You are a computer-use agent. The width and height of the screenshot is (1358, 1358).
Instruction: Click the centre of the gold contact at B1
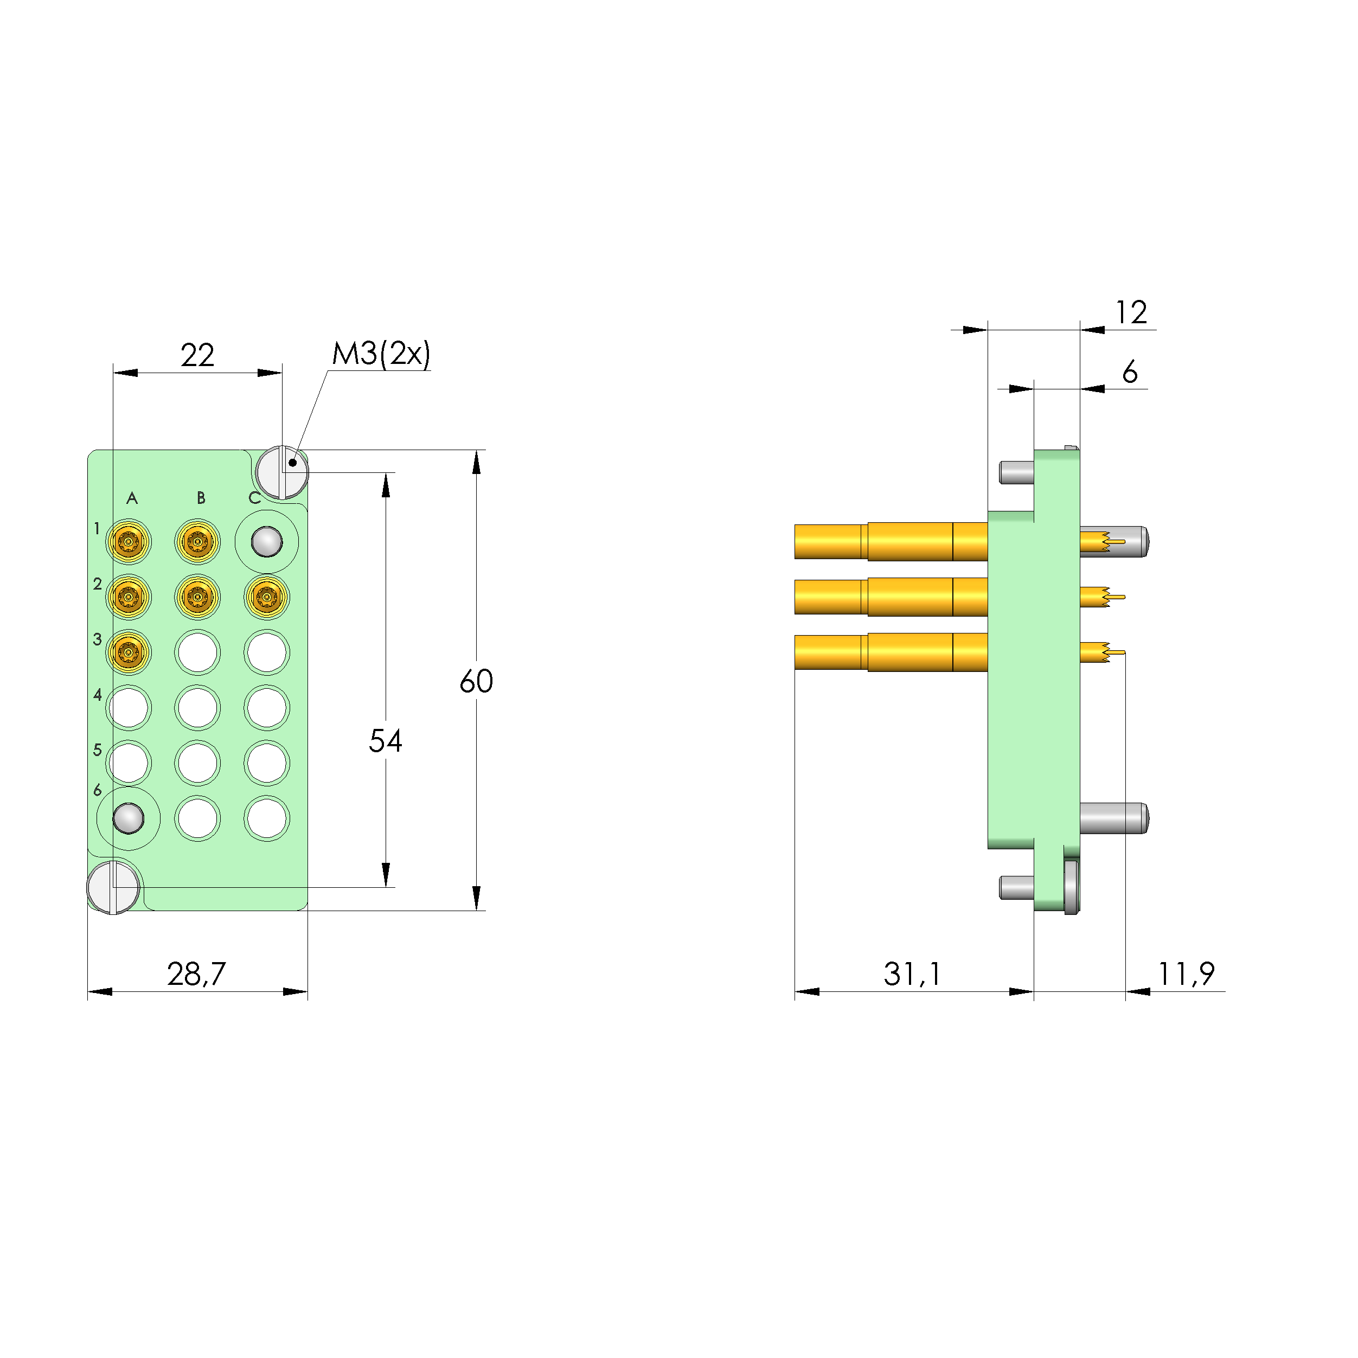coord(197,542)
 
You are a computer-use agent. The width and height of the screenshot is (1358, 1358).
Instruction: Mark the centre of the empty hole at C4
coord(267,707)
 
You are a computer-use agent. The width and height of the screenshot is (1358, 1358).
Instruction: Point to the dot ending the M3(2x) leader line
coord(292,463)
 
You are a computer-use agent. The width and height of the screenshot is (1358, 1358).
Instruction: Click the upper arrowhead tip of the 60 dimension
coord(477,451)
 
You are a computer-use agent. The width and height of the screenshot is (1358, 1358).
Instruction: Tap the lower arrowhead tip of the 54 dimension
coord(386,886)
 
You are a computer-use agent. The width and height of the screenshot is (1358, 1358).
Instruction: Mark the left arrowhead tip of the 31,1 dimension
coord(795,992)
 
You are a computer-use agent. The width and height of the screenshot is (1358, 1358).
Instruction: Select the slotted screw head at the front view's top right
coord(283,472)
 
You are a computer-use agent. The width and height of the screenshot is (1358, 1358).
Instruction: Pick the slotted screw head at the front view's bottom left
coord(113,887)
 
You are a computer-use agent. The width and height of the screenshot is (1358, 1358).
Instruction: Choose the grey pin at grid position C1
coord(267,542)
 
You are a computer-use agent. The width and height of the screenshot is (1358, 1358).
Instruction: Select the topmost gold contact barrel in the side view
coord(891,542)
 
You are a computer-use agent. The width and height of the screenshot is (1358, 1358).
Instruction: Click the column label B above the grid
coord(201,498)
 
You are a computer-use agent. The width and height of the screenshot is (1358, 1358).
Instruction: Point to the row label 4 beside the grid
coord(98,695)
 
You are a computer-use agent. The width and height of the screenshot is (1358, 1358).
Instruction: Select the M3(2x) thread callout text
coord(381,354)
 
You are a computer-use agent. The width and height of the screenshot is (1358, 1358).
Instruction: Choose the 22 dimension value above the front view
coord(197,355)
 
